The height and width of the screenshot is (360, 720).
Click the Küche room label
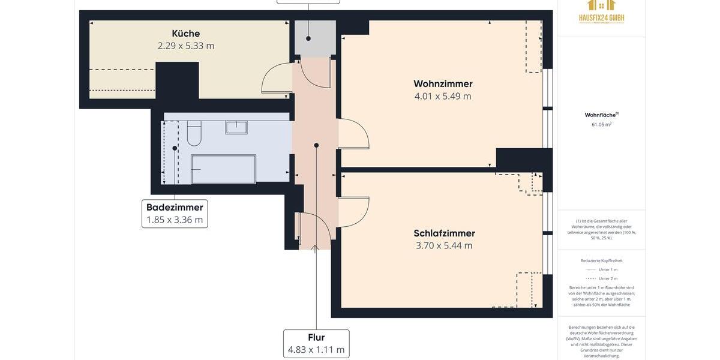pyautogui.click(x=185, y=34)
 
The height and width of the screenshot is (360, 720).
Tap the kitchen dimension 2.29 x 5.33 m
pyautogui.click(x=185, y=46)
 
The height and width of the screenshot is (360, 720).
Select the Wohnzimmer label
pyautogui.click(x=443, y=84)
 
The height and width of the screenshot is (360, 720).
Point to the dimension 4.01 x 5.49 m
pyautogui.click(x=443, y=96)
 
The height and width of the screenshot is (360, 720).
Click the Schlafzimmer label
pyautogui.click(x=444, y=233)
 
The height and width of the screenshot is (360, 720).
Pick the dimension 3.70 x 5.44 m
pyautogui.click(x=444, y=245)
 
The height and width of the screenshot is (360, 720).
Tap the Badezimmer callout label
pyautogui.click(x=175, y=208)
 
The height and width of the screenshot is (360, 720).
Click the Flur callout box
pyautogui.click(x=316, y=344)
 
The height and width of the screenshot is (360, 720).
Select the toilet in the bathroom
pyautogui.click(x=194, y=133)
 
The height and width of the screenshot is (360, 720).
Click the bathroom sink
pyautogui.click(x=236, y=127)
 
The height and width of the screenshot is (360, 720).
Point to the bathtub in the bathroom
pyautogui.click(x=223, y=169)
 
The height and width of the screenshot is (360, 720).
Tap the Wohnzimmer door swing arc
pyautogui.click(x=354, y=134)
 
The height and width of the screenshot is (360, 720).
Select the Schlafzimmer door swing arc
pyautogui.click(x=354, y=212)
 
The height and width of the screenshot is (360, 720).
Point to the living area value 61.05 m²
pyautogui.click(x=601, y=125)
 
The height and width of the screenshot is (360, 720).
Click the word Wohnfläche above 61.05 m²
pyautogui.click(x=600, y=115)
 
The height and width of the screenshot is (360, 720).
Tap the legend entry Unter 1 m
pyautogui.click(x=607, y=269)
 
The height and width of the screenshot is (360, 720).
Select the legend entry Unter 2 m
pyautogui.click(x=607, y=278)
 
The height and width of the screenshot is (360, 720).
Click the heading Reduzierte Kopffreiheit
pyautogui.click(x=601, y=260)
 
